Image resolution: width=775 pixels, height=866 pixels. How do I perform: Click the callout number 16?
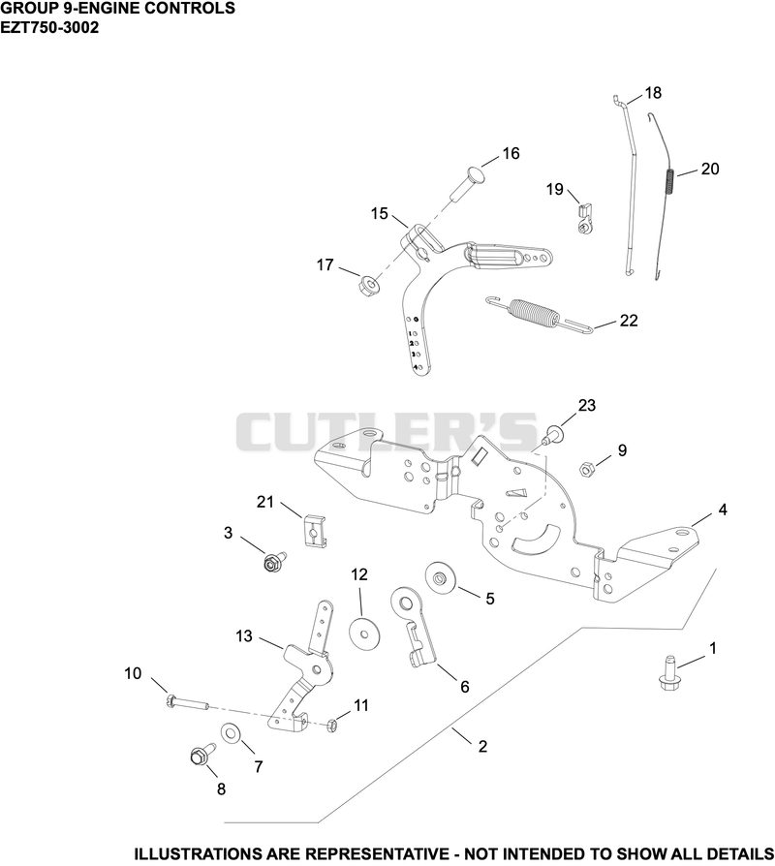(511, 154)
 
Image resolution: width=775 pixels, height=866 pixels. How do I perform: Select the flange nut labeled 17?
(367, 286)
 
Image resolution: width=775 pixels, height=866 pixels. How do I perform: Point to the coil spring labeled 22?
(540, 316)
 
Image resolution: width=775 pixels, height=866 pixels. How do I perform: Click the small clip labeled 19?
(586, 219)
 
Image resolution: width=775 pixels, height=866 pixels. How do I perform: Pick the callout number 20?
(710, 169)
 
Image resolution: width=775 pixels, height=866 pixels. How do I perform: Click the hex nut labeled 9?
(586, 470)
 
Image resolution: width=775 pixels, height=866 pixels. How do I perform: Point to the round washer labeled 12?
(362, 632)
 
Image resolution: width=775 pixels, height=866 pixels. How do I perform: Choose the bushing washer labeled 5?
(440, 578)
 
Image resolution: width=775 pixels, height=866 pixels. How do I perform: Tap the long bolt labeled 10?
(187, 703)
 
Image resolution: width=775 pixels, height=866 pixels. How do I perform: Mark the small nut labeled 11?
(332, 726)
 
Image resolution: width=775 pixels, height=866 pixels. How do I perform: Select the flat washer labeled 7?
(231, 733)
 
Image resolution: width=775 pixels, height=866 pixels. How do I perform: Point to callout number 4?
(723, 510)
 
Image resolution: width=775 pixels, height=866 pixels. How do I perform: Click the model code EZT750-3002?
(49, 27)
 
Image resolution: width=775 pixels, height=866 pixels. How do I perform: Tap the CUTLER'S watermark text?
(387, 432)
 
